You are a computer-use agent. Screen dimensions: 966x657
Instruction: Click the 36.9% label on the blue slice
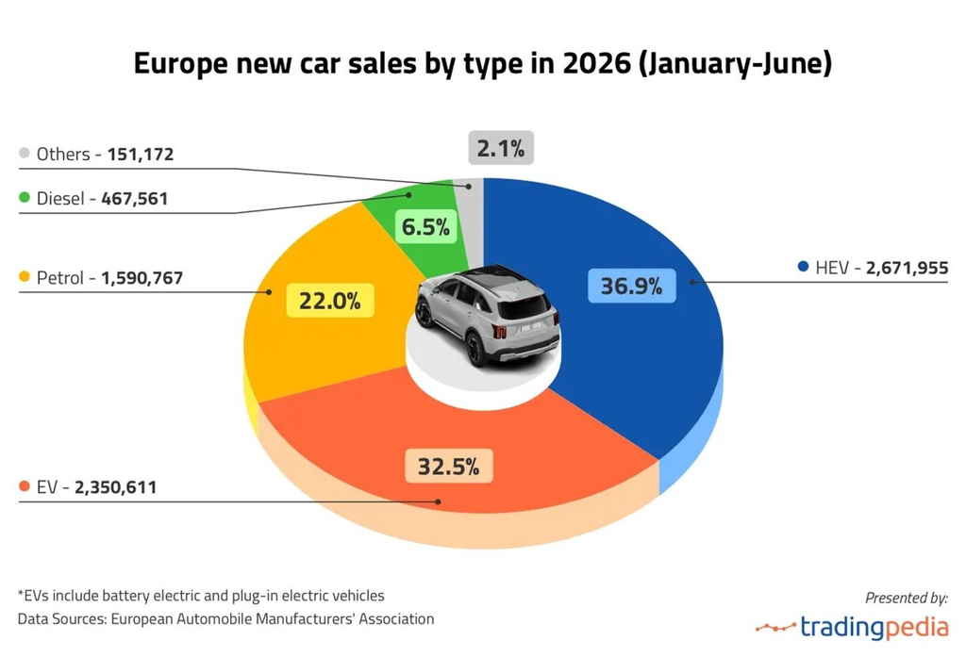631,286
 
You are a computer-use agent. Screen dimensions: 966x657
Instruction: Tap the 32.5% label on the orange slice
448,466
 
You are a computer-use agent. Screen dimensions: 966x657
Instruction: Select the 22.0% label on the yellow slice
329,301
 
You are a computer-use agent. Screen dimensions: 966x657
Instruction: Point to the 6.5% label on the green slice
425,226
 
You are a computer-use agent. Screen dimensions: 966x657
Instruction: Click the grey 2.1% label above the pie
501,148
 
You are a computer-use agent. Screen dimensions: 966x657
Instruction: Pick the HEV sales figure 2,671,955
907,268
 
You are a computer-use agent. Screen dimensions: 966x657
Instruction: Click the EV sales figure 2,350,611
115,487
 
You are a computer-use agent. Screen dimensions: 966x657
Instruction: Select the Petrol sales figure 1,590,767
142,278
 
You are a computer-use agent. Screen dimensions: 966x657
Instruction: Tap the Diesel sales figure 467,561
134,198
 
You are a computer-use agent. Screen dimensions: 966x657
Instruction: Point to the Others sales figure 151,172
141,154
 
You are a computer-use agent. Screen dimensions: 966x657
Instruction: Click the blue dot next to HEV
803,267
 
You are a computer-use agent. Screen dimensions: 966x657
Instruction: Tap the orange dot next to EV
25,486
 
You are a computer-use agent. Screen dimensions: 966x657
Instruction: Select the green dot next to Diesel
25,198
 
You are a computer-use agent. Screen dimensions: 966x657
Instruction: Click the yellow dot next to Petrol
25,276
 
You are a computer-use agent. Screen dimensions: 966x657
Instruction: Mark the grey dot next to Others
25,153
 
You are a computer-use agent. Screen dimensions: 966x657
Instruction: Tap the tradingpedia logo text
874,627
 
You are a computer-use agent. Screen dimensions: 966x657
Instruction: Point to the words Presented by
907,598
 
